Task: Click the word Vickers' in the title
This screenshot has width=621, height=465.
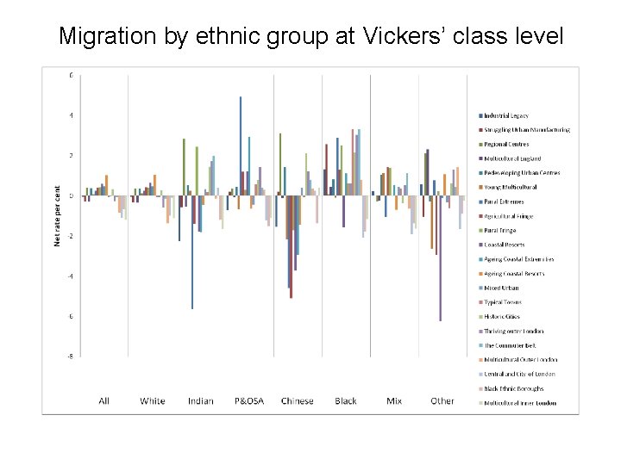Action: [403, 36]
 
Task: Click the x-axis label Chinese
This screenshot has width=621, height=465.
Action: [298, 400]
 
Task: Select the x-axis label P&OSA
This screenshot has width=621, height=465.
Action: [249, 400]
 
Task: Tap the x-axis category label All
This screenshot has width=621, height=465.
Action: [104, 400]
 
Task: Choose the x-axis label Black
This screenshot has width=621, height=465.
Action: [346, 400]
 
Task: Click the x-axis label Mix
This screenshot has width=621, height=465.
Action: [394, 400]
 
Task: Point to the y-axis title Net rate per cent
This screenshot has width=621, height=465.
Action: [58, 215]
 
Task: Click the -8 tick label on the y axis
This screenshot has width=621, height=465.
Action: [71, 356]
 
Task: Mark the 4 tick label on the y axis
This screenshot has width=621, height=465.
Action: [72, 115]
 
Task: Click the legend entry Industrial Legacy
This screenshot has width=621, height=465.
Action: [506, 115]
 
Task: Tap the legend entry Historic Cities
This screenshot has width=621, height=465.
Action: [504, 317]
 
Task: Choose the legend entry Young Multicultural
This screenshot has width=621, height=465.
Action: [511, 187]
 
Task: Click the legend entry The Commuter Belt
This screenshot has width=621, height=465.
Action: [510, 345]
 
